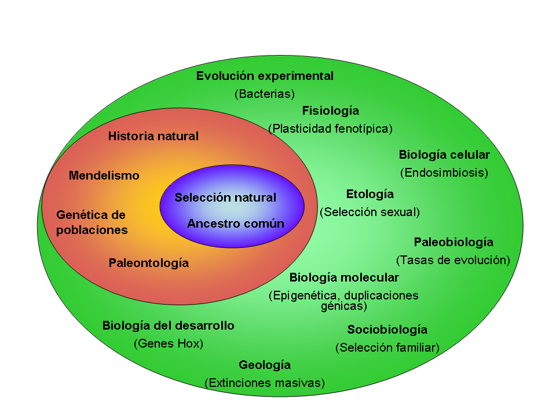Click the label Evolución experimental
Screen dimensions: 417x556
tap(265, 76)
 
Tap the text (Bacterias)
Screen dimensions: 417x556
tap(265, 94)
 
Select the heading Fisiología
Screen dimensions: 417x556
tap(331, 111)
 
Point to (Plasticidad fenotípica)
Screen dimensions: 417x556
tap(330, 129)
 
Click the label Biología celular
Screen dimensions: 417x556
tap(444, 155)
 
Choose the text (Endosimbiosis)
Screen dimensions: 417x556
tap(444, 173)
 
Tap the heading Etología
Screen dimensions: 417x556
tap(370, 194)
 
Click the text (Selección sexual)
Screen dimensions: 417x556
tap(370, 212)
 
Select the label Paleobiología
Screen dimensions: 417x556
tap(453, 242)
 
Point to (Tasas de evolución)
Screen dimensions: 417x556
tap(453, 260)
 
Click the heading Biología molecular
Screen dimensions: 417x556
tap(344, 277)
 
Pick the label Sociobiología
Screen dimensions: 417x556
tap(387, 330)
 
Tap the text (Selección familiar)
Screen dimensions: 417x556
tap(387, 348)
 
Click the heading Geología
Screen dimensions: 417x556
tap(265, 365)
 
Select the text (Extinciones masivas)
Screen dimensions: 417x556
tap(265, 383)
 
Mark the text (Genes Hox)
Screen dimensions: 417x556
tap(169, 343)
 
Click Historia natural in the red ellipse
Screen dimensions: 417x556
tap(153, 137)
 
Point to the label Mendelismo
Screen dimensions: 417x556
tap(104, 175)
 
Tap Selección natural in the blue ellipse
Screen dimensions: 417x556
tap(225, 197)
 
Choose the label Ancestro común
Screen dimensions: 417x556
tap(236, 224)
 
